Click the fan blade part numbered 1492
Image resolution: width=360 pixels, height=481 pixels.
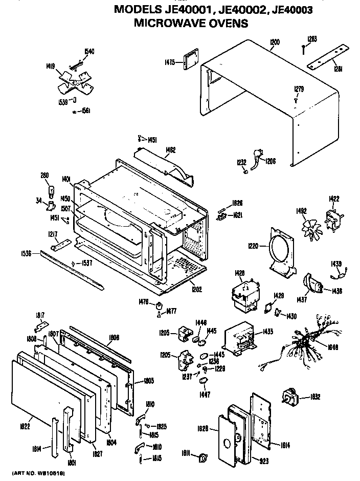click(308, 224)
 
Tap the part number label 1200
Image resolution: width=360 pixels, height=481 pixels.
click(275, 42)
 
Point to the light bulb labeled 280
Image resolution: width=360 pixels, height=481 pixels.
click(51, 191)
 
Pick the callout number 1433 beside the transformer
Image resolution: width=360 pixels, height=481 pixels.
click(266, 331)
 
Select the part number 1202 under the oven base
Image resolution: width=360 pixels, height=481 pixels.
click(196, 290)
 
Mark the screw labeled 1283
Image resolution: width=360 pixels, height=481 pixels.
click(304, 48)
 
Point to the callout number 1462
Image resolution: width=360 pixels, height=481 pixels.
click(171, 150)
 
